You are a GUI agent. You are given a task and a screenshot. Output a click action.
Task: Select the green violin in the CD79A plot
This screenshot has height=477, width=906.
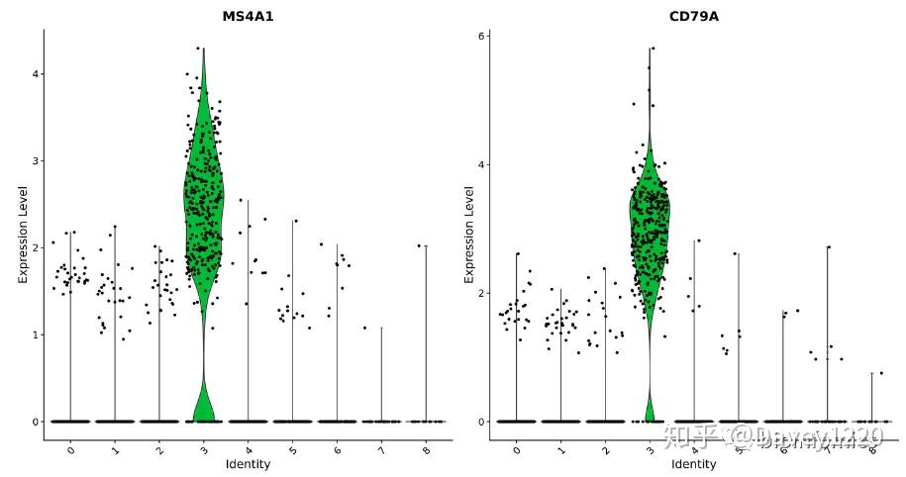[x=650, y=228]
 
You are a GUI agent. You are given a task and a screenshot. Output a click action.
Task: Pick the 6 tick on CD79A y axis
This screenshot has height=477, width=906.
[x=480, y=36]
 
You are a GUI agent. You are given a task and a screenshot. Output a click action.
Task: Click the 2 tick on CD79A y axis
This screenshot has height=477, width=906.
[x=480, y=293]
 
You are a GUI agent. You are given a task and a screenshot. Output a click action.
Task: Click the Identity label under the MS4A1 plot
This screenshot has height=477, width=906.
[x=248, y=464]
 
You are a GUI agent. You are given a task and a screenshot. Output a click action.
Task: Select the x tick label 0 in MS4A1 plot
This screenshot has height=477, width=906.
[x=69, y=449]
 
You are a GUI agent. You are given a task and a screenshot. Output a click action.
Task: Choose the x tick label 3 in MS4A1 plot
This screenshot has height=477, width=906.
[x=203, y=449]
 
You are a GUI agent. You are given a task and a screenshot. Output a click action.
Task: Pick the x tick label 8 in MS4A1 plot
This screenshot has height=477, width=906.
[x=426, y=449]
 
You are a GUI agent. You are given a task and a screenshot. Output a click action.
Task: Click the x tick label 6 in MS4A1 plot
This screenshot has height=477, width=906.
[x=337, y=449]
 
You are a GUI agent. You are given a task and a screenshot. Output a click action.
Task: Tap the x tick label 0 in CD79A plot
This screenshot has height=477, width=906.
[x=516, y=449]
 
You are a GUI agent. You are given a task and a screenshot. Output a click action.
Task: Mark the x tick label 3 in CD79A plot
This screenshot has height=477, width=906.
[x=650, y=449]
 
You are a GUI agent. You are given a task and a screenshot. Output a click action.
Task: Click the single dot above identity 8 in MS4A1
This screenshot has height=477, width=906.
[x=419, y=245]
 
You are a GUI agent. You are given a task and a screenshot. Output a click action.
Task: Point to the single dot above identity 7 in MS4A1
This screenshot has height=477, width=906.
[x=364, y=328]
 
